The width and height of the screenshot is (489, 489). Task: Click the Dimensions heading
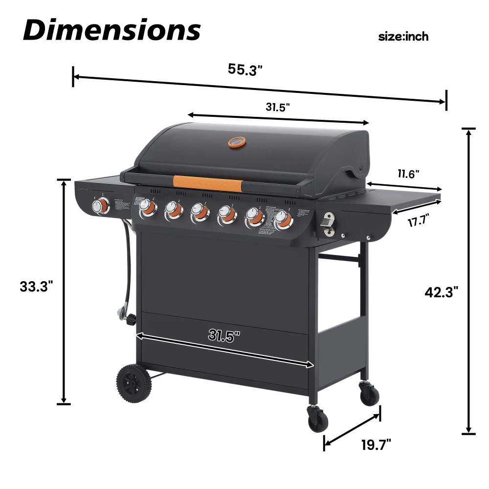[112, 30]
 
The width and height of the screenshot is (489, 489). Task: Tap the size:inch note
[403, 37]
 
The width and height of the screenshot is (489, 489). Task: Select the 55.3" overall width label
[245, 69]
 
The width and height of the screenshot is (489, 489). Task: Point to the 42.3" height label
[441, 292]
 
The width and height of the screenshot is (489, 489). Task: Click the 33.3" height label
[36, 287]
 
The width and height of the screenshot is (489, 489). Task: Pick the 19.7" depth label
[376, 445]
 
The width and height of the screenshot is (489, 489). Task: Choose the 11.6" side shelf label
[408, 174]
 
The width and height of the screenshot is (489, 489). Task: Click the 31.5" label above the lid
[278, 107]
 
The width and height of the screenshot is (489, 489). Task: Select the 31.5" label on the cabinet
[224, 335]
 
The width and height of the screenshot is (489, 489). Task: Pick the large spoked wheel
[134, 385]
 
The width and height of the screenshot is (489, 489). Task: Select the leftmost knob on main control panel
[147, 209]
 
